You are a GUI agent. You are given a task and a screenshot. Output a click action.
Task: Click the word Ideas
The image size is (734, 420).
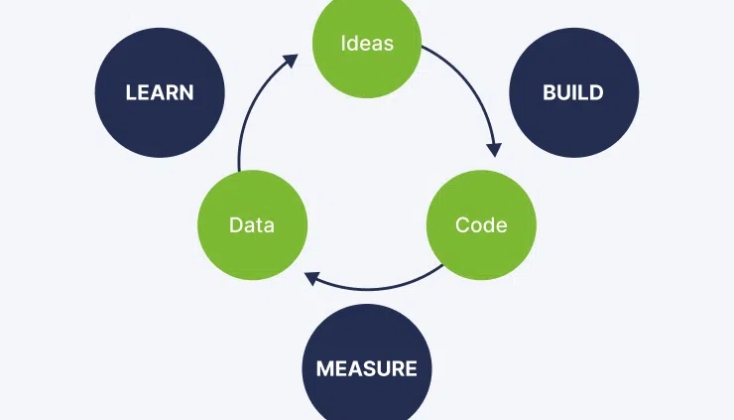pyautogui.click(x=367, y=43)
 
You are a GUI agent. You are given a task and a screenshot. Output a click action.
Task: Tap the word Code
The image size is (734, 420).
pyautogui.click(x=481, y=225)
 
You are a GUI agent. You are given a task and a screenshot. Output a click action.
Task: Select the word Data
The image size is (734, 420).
pyautogui.click(x=252, y=225)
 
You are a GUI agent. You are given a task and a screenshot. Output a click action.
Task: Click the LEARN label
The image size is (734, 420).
pyautogui.click(x=160, y=92)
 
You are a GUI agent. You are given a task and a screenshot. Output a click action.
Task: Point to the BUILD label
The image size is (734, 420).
pyautogui.click(x=573, y=92)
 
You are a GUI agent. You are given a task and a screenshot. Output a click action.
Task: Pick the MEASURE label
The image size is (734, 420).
pyautogui.click(x=367, y=368)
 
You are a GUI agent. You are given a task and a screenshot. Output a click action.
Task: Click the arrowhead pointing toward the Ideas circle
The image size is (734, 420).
pyautogui.click(x=291, y=61)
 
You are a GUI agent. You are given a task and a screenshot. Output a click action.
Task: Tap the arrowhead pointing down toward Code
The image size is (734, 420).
pyautogui.click(x=494, y=150)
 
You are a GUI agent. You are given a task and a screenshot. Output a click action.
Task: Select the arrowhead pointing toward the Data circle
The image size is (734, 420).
pyautogui.click(x=312, y=278)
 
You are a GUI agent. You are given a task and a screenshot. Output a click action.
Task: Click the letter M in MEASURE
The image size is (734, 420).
pyautogui.click(x=325, y=368)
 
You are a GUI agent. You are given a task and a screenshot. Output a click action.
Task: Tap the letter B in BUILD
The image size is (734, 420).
pyautogui.click(x=550, y=92)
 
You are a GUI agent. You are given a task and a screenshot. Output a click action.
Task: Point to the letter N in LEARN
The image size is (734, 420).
pyautogui.click(x=186, y=92)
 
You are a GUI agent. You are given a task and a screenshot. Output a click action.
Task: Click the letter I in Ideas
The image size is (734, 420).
pyautogui.click(x=343, y=43)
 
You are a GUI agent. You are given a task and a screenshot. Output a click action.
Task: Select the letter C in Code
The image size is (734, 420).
pyautogui.click(x=462, y=225)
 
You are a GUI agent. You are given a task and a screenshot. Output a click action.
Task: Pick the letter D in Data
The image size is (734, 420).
pyautogui.click(x=235, y=225)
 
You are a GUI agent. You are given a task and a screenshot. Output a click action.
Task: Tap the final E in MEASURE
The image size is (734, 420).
pyautogui.click(x=411, y=368)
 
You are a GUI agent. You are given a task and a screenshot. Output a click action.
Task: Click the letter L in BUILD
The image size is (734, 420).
pyautogui.click(x=583, y=92)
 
